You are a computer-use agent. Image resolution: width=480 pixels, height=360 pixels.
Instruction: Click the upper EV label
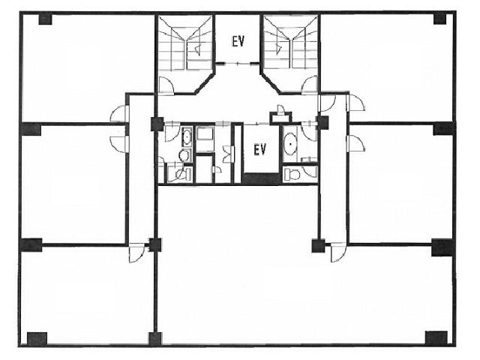pyautogui.click(x=238, y=41)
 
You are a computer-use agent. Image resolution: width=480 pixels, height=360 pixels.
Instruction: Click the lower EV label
pyautogui.click(x=260, y=150)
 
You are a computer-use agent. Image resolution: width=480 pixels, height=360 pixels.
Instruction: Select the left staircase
pyautogui.click(x=185, y=43)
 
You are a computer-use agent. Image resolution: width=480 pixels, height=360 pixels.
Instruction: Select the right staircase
pyautogui.click(x=291, y=43)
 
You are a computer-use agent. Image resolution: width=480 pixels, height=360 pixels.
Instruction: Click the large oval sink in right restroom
pyautogui.click(x=290, y=144)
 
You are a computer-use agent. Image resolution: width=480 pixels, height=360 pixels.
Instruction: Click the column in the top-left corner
pyautogui.click(x=45, y=19)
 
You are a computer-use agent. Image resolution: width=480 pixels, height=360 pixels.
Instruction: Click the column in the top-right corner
pyautogui.click(x=440, y=19)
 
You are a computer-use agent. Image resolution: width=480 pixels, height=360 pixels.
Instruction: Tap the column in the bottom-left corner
pyautogui.click(x=37, y=338)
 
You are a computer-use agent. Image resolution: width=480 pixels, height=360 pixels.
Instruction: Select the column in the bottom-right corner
pyautogui.click(x=436, y=337)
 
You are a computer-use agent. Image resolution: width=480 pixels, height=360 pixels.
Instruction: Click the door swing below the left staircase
pyautogui.click(x=166, y=84)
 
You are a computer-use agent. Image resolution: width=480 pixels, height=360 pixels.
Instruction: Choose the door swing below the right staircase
pyautogui.click(x=309, y=84)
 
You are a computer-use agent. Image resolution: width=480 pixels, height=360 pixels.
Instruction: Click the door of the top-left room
pyautogui.click(x=118, y=114)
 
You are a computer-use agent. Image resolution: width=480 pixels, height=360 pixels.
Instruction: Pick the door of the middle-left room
pyautogui.click(x=118, y=144)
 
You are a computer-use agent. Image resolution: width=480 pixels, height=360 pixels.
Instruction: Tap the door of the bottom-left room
pyautogui.click(x=136, y=253)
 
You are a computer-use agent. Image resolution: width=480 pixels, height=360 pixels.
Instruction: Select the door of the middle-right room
pyautogui.click(x=355, y=143)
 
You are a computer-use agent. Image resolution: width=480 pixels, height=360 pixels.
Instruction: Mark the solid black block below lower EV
pyautogui.click(x=261, y=178)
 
